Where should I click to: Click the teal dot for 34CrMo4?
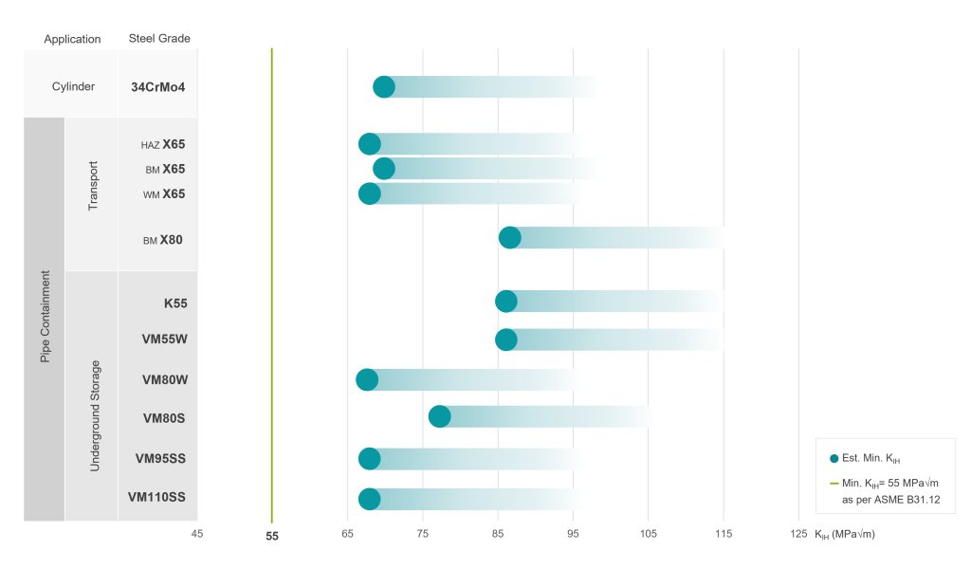(384, 87)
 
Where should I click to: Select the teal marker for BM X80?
(510, 238)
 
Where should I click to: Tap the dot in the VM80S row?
(440, 416)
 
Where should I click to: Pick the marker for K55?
(506, 302)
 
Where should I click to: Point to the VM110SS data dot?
(370, 499)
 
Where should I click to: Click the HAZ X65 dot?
(370, 144)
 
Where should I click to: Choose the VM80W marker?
(367, 380)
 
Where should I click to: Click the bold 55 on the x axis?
(272, 536)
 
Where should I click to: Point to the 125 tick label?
(798, 535)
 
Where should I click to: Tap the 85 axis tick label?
(498, 535)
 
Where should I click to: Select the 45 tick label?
(197, 535)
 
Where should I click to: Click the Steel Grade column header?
(159, 39)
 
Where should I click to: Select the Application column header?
(72, 39)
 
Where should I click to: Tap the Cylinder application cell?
(73, 87)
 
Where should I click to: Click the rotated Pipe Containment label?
(45, 318)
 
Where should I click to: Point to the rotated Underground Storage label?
(94, 415)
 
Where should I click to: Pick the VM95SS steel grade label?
(160, 459)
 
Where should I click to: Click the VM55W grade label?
(164, 339)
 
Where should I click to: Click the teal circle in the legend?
(834, 459)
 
